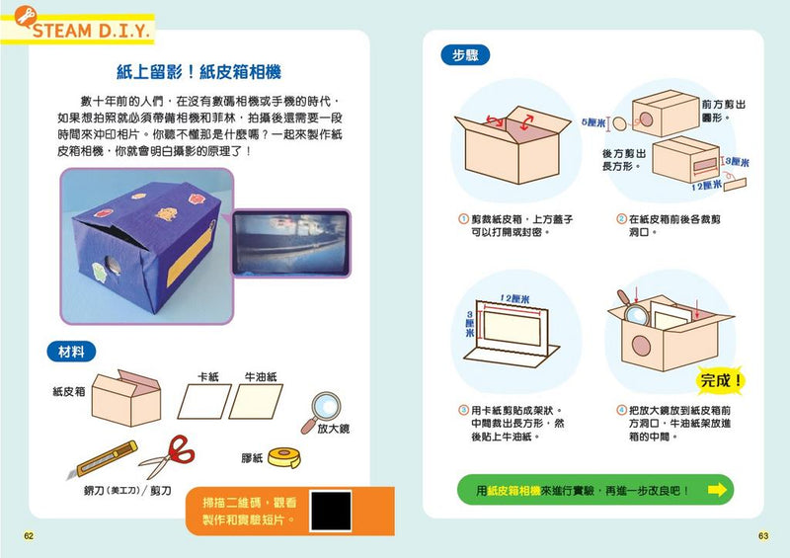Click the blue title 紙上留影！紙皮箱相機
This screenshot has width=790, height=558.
pyautogui.click(x=199, y=72)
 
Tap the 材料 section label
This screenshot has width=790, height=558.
pyautogui.click(x=71, y=351)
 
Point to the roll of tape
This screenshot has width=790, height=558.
pyautogui.click(x=287, y=457)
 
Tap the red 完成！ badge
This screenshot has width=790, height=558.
pyautogui.click(x=723, y=380)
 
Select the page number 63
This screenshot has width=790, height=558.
pyautogui.click(x=762, y=536)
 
